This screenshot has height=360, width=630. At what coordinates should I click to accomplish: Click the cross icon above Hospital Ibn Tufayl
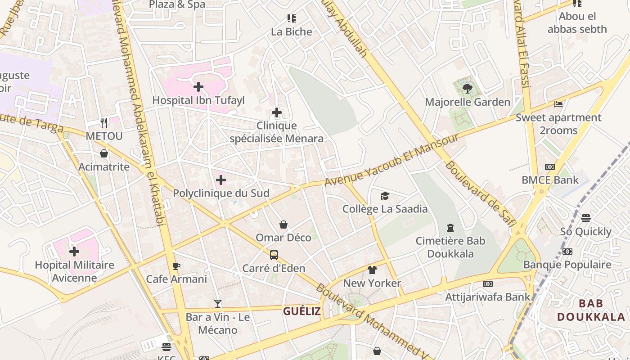(x=198, y=86)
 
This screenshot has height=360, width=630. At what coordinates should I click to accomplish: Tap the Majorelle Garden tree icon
(x=467, y=89)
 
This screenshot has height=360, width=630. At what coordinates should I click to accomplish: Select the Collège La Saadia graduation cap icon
(x=385, y=196)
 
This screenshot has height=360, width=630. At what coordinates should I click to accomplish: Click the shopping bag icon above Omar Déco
(x=283, y=224)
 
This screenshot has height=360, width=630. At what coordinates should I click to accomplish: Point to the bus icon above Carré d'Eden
(x=274, y=255)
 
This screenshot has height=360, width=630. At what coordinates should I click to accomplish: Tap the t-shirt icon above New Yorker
(x=372, y=270)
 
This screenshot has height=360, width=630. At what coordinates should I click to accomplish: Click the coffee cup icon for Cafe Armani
(x=176, y=266)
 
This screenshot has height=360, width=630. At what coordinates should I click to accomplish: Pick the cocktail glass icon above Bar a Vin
(x=218, y=304)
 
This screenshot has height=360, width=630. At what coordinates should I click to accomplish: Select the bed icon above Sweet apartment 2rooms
(x=558, y=104)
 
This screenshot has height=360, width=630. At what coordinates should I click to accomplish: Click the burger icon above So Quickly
(x=585, y=218)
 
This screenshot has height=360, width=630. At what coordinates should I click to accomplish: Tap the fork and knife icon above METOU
(x=104, y=122)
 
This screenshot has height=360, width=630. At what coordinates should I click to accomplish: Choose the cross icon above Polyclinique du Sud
(x=221, y=180)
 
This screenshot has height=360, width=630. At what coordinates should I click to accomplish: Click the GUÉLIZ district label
(x=302, y=311)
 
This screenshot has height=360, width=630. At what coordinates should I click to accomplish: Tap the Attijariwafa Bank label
(x=488, y=297)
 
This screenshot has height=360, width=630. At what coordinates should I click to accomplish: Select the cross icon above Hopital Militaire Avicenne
(x=74, y=251)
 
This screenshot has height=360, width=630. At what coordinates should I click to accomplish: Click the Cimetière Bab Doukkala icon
(x=450, y=228)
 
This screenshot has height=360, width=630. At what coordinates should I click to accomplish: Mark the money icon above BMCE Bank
(x=549, y=167)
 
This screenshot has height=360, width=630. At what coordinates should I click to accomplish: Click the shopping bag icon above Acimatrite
(x=104, y=154)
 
